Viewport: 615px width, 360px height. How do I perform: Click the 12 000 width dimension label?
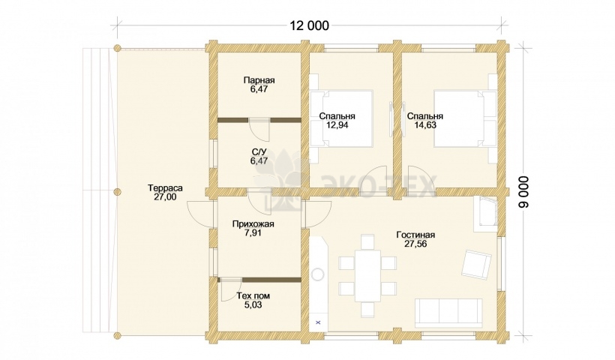pos(309,25)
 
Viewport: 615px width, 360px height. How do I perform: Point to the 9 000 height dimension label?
pos(524,192)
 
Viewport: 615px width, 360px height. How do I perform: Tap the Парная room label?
pos(259,80)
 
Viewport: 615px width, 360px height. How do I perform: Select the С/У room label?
pos(259,151)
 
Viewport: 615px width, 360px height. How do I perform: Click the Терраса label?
pos(165,188)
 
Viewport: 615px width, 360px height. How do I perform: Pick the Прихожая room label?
pos(253,224)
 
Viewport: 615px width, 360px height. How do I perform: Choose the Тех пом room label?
pos(253,296)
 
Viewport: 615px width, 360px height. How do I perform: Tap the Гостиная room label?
pos(415,235)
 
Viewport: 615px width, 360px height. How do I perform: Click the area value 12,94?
pos(337,125)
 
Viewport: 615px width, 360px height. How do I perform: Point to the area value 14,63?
pos(425,125)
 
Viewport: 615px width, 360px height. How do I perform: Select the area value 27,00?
pos(165,197)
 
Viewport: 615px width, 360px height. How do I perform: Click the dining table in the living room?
pos(367,276)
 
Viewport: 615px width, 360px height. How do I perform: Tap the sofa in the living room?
pos(448,313)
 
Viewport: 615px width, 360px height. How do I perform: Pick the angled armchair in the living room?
pos(476,264)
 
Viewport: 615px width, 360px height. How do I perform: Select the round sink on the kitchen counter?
pos(318,274)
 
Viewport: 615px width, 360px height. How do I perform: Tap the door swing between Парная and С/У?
pos(259,130)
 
